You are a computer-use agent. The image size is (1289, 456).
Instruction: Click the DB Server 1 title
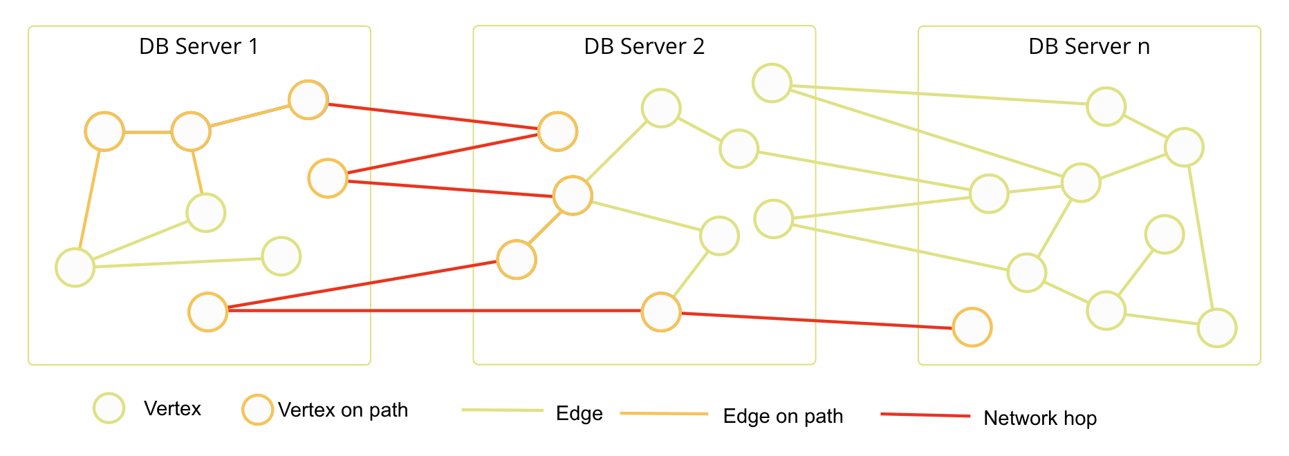(x=198, y=46)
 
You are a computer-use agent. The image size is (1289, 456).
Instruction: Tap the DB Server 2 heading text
(x=644, y=46)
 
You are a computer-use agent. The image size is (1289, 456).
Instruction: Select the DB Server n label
(x=1088, y=46)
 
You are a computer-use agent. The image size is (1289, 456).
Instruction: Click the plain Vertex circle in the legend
(x=109, y=408)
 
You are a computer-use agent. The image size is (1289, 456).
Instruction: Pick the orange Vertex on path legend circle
(x=257, y=410)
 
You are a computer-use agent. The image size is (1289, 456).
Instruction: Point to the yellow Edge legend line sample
(x=503, y=410)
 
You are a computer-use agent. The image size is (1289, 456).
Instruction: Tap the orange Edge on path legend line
(x=664, y=413)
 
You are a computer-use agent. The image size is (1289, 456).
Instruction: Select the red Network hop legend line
(x=925, y=415)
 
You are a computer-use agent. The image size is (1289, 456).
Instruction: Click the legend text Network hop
(x=1039, y=418)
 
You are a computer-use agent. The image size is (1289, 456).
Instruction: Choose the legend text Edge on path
(x=783, y=416)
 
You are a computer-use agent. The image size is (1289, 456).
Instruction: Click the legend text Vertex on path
(x=343, y=410)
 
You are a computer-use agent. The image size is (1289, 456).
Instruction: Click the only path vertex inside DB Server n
(x=972, y=327)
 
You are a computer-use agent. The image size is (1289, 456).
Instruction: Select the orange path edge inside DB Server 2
(x=545, y=227)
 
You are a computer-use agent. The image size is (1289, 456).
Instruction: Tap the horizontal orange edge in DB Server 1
(x=147, y=131)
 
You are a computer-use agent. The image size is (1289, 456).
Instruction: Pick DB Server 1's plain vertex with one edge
(x=281, y=256)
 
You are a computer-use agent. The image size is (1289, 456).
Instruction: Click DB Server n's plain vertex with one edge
(x=1165, y=234)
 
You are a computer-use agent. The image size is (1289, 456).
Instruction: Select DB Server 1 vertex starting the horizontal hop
(x=208, y=312)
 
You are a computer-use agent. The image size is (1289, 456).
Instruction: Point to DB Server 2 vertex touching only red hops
(x=557, y=131)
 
